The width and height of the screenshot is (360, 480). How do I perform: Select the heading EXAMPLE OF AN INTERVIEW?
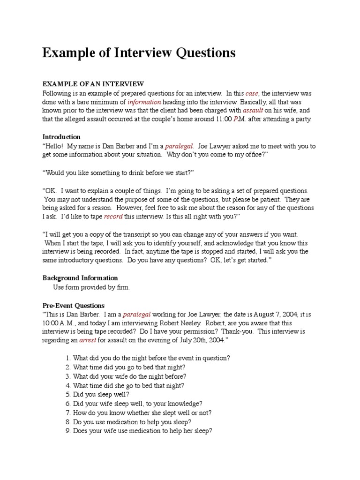coord(93,84)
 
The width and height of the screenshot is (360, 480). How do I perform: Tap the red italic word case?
coord(252,93)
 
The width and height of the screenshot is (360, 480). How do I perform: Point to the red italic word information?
coord(144,102)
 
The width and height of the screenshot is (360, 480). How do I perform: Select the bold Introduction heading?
coord(61,137)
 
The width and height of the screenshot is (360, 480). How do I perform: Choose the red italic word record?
coord(113,217)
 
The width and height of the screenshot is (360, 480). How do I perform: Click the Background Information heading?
coord(80,278)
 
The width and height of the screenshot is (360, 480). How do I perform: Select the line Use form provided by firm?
coord(91,287)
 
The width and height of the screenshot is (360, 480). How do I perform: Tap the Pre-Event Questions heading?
coord(74,305)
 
